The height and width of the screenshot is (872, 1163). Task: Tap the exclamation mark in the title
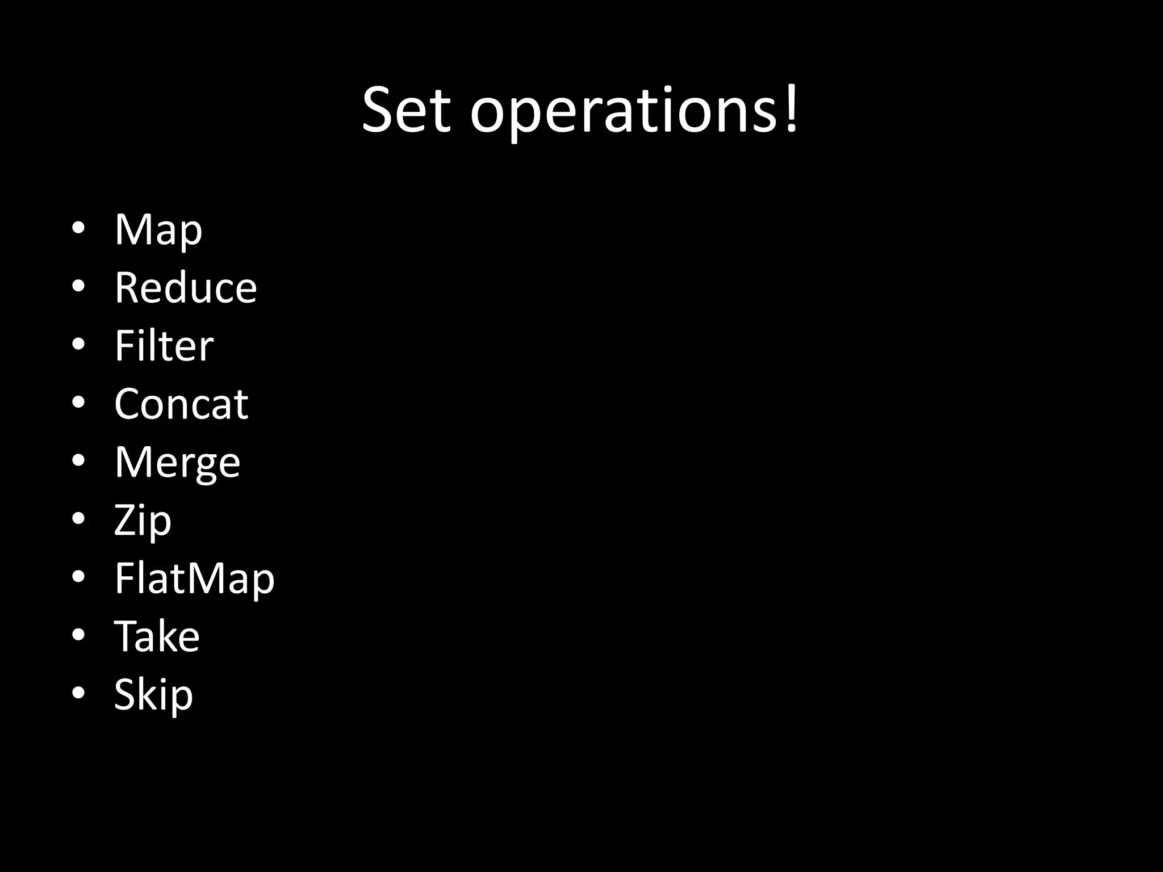point(791,108)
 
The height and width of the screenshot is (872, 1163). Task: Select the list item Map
point(158,230)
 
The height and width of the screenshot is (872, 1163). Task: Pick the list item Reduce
point(186,287)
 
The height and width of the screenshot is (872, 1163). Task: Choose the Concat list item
point(181,404)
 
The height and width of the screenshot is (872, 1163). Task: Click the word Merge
point(177,463)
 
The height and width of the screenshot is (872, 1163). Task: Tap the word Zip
point(143,521)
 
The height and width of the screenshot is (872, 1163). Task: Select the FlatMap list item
point(194,578)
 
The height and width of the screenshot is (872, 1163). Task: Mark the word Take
point(157,636)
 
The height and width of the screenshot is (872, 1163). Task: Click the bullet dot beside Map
point(78,228)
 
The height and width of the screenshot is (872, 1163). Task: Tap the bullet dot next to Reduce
point(78,286)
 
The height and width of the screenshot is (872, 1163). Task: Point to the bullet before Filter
point(78,344)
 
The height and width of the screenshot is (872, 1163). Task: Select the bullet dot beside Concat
point(78,402)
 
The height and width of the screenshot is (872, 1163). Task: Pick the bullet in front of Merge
point(78,460)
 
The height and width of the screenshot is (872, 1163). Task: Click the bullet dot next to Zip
point(78,518)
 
